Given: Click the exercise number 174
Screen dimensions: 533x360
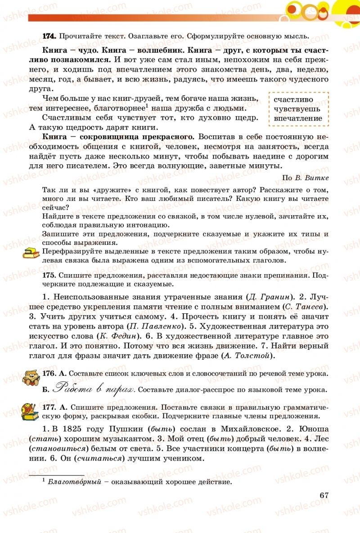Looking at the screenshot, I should pyautogui.click(x=49, y=36).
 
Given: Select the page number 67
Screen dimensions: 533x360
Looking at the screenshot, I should pyautogui.click(x=324, y=495).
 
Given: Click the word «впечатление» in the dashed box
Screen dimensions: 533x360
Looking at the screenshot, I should pyautogui.click(x=298, y=118).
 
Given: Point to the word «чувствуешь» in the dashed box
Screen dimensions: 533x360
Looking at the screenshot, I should pyautogui.click(x=297, y=109).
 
